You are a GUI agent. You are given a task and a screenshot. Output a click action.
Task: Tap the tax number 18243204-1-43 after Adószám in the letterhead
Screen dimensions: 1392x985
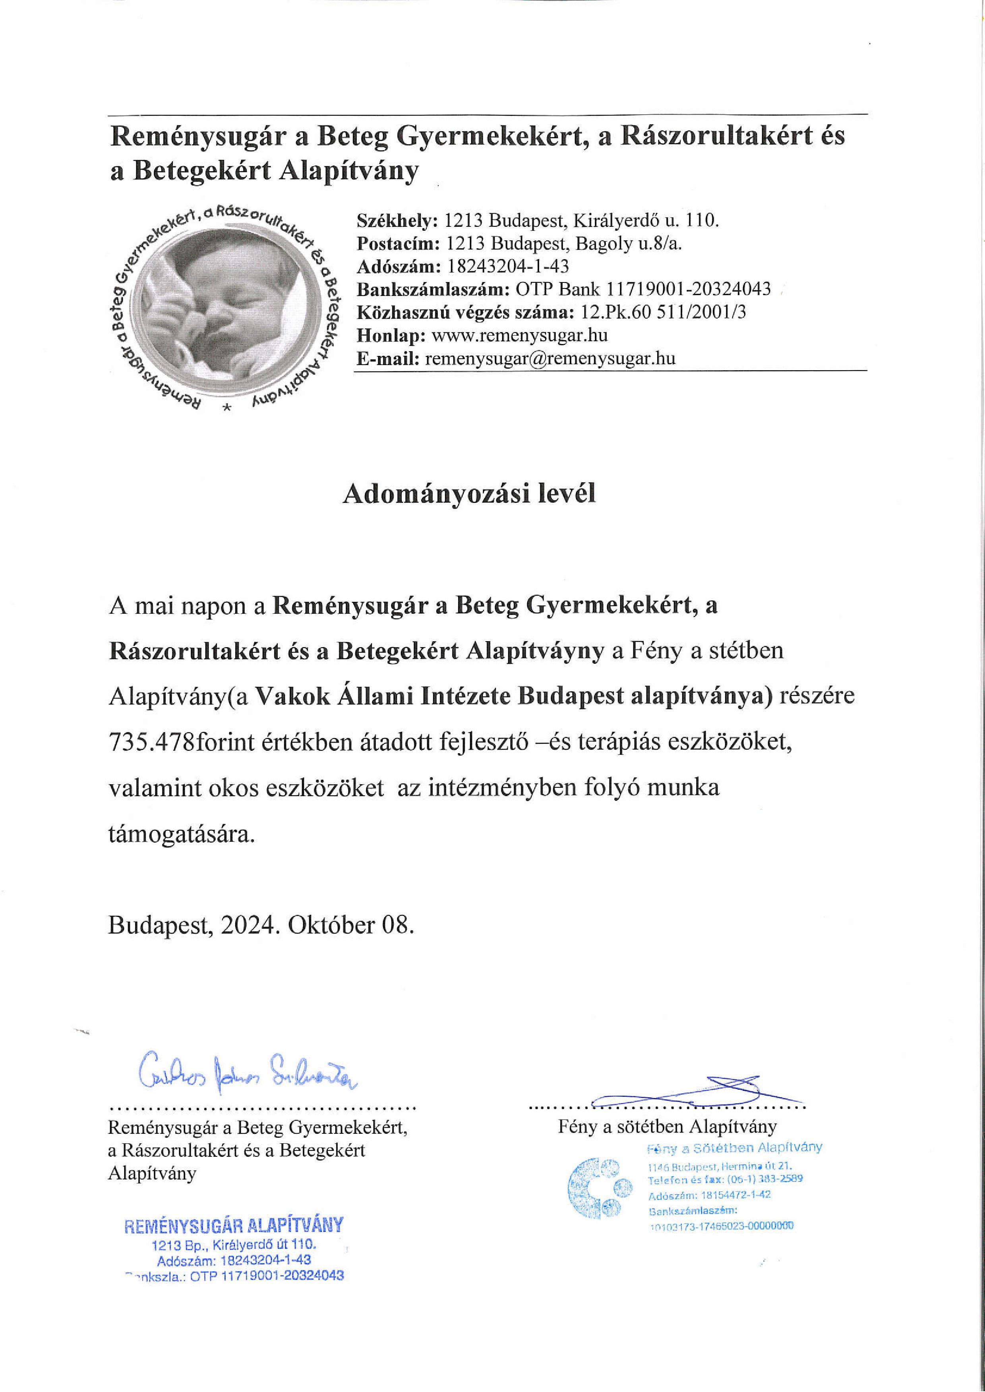click(x=508, y=266)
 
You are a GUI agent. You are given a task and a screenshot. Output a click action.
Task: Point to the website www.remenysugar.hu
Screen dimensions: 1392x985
click(x=519, y=335)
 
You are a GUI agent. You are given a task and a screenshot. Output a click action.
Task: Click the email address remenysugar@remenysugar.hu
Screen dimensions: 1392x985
click(x=550, y=358)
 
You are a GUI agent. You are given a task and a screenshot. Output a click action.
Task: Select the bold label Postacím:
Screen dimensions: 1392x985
click(x=399, y=243)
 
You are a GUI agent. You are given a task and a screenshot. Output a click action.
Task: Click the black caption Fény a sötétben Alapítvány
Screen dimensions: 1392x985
click(x=667, y=1127)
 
